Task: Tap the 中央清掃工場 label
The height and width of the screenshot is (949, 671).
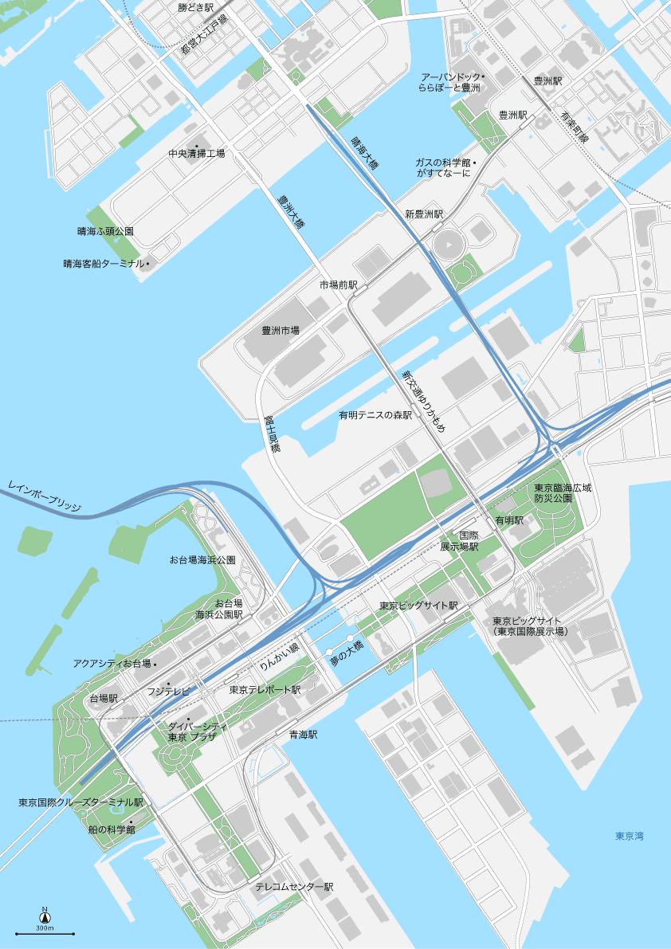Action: click(x=196, y=153)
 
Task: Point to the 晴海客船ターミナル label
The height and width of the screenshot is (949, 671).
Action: click(x=104, y=263)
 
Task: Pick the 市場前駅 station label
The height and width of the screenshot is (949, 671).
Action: click(x=339, y=284)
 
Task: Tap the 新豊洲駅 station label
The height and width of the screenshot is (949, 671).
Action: click(x=423, y=214)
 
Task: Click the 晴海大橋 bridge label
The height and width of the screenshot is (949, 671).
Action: click(x=364, y=151)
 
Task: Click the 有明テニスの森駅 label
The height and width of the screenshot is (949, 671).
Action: click(x=375, y=415)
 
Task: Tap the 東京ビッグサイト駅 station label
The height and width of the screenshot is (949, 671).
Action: click(x=419, y=606)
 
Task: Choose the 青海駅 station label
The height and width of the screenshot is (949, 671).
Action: click(x=303, y=735)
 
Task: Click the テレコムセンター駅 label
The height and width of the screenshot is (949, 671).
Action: click(x=294, y=887)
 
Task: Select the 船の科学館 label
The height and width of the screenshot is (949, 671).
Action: click(x=112, y=829)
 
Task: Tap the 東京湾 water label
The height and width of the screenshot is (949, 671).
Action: click(x=629, y=836)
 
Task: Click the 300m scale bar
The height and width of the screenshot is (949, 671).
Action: click(x=45, y=932)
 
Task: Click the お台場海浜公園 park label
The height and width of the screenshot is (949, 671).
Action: click(x=202, y=560)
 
